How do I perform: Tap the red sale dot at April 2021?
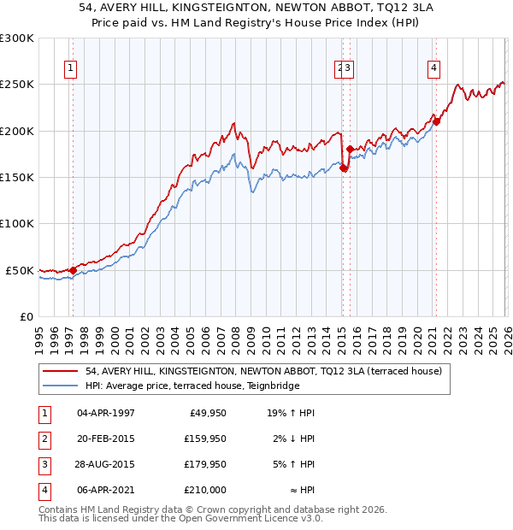pos(436,121)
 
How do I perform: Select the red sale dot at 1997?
pos(73,270)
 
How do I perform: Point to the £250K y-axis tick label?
pos(17,85)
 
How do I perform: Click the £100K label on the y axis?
pos(17,224)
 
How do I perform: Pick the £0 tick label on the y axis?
pos(27,316)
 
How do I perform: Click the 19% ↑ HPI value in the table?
pos(291,414)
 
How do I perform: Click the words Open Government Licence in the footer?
pos(239,518)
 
